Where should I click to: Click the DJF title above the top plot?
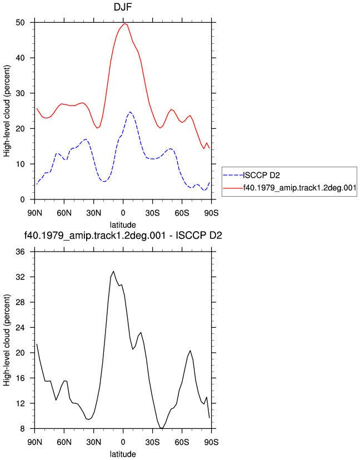click(x=123, y=7)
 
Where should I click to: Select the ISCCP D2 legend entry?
click(x=252, y=176)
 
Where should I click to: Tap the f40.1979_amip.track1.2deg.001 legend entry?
click(x=289, y=187)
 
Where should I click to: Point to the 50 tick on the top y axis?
click(x=20, y=23)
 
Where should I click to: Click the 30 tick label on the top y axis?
click(x=20, y=93)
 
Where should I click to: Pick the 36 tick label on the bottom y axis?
click(x=20, y=252)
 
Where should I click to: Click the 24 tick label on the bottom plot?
click(x=20, y=327)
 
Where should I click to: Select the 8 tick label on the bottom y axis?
click(x=23, y=428)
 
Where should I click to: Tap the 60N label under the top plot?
click(x=64, y=213)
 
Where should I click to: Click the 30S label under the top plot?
click(x=153, y=213)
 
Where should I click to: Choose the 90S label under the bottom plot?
click(x=211, y=442)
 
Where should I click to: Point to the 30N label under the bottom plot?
click(x=93, y=442)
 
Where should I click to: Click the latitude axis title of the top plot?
click(x=123, y=225)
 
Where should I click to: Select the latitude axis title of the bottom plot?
click(x=123, y=454)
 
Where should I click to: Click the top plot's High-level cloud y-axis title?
click(x=7, y=111)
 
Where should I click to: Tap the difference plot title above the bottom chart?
click(x=123, y=236)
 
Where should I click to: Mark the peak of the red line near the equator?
click(x=124, y=23)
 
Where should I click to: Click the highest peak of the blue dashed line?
click(x=130, y=112)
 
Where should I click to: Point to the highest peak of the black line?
click(x=113, y=271)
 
